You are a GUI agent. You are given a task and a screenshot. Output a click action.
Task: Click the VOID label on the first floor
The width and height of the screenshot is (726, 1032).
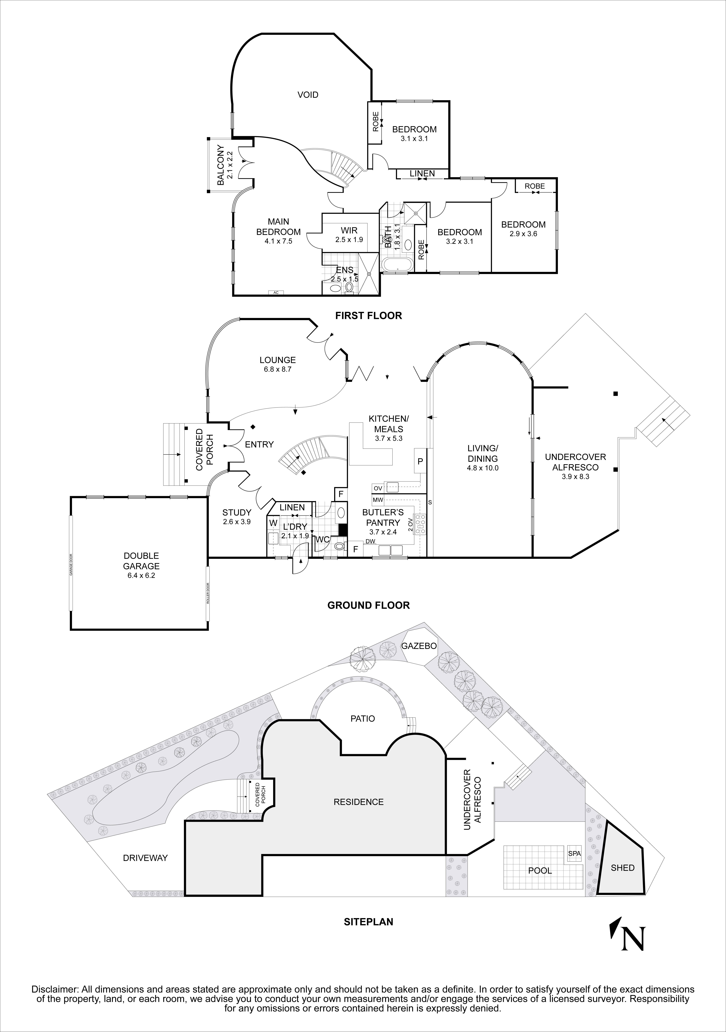tap(308, 95)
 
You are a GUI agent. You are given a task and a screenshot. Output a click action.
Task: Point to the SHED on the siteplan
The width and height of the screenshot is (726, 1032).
tap(622, 867)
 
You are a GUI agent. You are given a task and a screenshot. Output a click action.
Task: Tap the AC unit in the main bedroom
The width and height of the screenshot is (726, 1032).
tap(276, 293)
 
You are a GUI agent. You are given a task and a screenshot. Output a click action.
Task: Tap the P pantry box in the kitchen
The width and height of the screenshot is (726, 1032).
tap(420, 461)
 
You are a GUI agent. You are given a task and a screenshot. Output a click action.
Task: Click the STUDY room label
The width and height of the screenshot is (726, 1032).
tap(237, 512)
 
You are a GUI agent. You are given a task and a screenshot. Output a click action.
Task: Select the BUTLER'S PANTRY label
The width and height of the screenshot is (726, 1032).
tap(383, 517)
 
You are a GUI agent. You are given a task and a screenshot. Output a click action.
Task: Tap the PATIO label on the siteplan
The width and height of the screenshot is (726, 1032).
tap(363, 719)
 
